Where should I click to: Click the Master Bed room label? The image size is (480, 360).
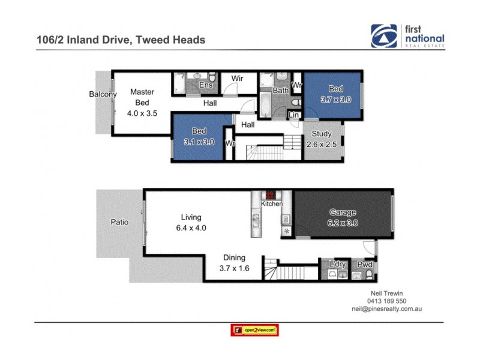click(142, 102)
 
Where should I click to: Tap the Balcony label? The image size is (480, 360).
click(103, 94)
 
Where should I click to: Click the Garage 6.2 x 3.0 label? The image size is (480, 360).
click(343, 217)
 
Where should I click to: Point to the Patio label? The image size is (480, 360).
click(119, 222)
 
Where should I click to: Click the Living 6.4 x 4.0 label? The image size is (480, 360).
click(191, 222)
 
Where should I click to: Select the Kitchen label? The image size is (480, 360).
click(271, 205)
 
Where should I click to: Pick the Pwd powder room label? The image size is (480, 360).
click(365, 265)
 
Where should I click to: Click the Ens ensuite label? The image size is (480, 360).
click(206, 85)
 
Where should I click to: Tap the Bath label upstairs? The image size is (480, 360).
click(280, 91)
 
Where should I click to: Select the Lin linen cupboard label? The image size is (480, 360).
click(293, 115)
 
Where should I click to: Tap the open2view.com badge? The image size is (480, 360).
click(255, 330)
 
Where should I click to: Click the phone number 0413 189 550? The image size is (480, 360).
click(386, 301)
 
